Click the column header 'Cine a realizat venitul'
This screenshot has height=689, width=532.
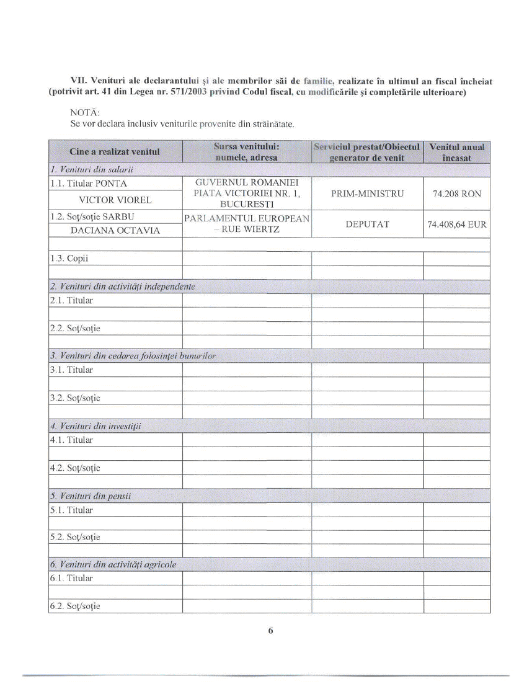pos(115,151)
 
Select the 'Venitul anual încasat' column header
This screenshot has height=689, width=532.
pos(456,152)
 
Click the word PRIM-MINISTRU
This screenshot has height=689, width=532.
pos(366,194)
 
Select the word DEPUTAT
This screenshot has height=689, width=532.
pos(366,224)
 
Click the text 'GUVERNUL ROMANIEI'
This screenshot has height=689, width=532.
pos(246,183)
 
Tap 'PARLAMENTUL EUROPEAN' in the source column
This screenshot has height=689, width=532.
pos(246,218)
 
